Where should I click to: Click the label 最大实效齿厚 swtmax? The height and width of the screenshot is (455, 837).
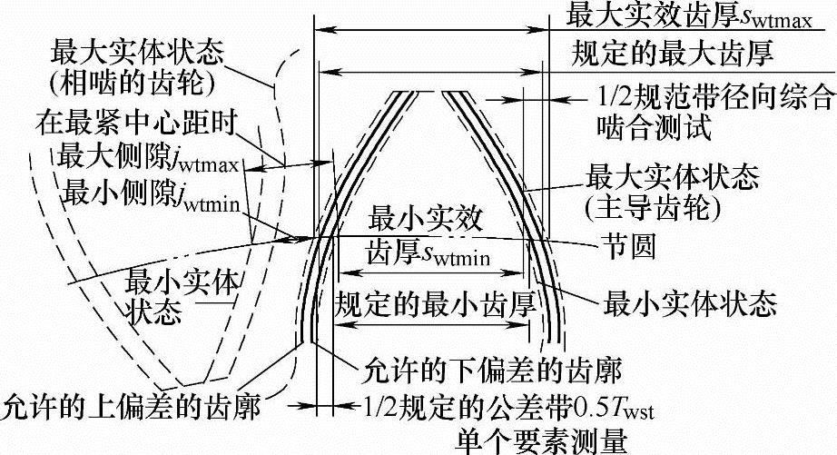[694, 15]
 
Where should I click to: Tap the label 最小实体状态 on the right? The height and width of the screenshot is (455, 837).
[690, 298]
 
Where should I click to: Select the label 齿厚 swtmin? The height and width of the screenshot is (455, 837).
[428, 255]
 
